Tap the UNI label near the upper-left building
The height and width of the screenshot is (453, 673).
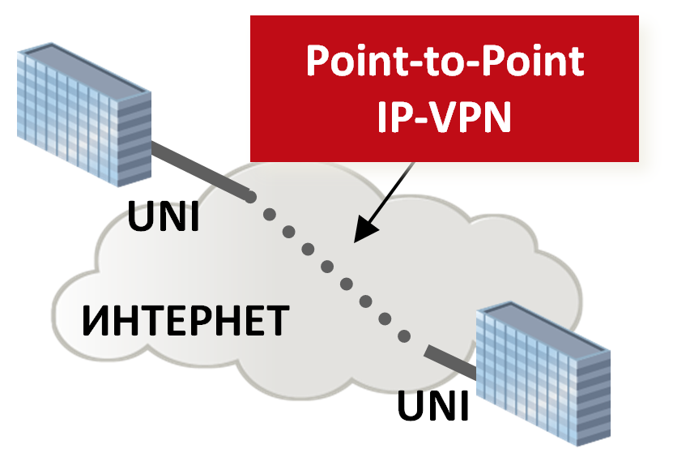tap(163, 216)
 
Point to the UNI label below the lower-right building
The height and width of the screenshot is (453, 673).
tap(432, 405)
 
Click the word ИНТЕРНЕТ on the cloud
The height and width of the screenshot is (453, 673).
tap(185, 321)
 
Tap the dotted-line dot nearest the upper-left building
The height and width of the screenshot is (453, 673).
tap(252, 198)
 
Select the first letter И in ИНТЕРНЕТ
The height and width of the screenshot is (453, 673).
tap(96, 322)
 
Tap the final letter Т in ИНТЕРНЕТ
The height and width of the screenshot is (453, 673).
tap(275, 322)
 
